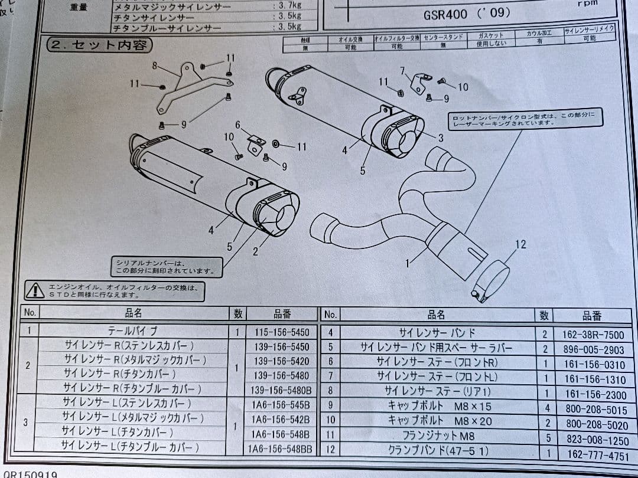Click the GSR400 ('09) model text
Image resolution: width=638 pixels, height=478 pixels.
[467, 13]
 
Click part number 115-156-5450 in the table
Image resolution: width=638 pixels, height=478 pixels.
[282, 332]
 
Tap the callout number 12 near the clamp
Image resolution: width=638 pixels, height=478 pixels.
[520, 244]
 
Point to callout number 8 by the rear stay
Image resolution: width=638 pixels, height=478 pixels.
[155, 66]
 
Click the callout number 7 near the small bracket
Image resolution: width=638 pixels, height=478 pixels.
[402, 71]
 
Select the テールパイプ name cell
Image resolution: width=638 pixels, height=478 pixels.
[133, 332]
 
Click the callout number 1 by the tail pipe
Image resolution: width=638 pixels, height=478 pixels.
[407, 263]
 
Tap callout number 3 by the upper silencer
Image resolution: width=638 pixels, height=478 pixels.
[440, 137]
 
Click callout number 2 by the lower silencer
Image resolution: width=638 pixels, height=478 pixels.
[255, 251]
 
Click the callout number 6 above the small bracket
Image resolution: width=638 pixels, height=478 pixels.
[237, 125]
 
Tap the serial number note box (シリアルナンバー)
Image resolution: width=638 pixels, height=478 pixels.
[167, 267]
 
